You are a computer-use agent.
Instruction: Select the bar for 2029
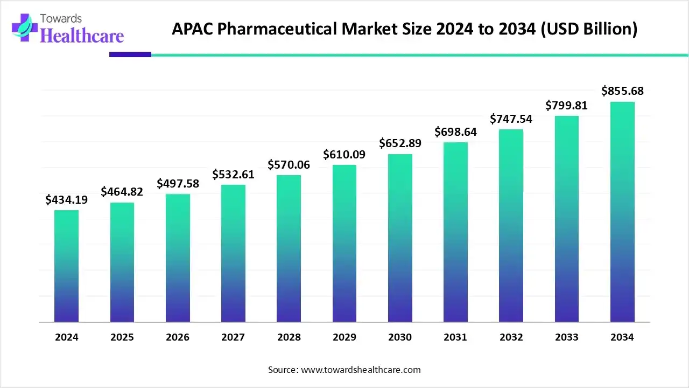pyautogui.click(x=344, y=243)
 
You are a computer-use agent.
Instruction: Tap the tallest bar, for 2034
pyautogui.click(x=622, y=212)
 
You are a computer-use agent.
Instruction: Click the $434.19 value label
pyautogui.click(x=66, y=200)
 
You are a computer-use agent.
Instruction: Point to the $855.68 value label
pyautogui.click(x=622, y=91)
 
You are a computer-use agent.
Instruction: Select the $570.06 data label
pyautogui.click(x=289, y=165)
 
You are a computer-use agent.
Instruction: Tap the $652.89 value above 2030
pyautogui.click(x=400, y=143)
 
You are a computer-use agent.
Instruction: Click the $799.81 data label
pyautogui.click(x=566, y=106)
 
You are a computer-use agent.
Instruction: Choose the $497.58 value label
pyautogui.click(x=178, y=184)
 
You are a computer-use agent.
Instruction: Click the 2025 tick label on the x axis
pyautogui.click(x=122, y=337)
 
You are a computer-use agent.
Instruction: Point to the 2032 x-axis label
pyautogui.click(x=511, y=337)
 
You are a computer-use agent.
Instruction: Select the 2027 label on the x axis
pyautogui.click(x=233, y=337)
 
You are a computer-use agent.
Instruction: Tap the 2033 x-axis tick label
pyautogui.click(x=566, y=337)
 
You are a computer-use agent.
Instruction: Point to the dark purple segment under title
pyautogui.click(x=130, y=54)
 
